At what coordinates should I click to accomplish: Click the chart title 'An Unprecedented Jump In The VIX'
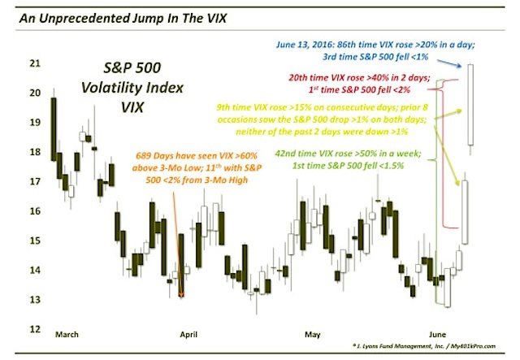[x=123, y=18]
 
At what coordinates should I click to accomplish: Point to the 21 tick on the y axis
[x=35, y=63]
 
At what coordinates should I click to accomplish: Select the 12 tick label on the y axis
[x=35, y=329]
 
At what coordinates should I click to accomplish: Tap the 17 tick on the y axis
[x=35, y=181]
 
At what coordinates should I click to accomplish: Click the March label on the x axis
[x=67, y=334]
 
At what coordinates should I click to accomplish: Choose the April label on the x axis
[x=188, y=335]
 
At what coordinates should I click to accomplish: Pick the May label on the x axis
[x=312, y=335]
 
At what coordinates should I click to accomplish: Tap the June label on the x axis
[x=437, y=334]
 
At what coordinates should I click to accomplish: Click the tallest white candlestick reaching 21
[x=470, y=105]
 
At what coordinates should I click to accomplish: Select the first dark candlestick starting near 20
[x=54, y=129]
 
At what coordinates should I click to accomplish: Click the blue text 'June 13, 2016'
[x=297, y=45]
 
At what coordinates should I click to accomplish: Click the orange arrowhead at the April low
[x=181, y=294]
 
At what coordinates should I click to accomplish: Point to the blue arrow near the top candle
[x=449, y=63]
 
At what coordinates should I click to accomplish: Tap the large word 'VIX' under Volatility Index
[x=132, y=107]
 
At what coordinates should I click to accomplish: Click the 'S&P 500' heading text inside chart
[x=132, y=68]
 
